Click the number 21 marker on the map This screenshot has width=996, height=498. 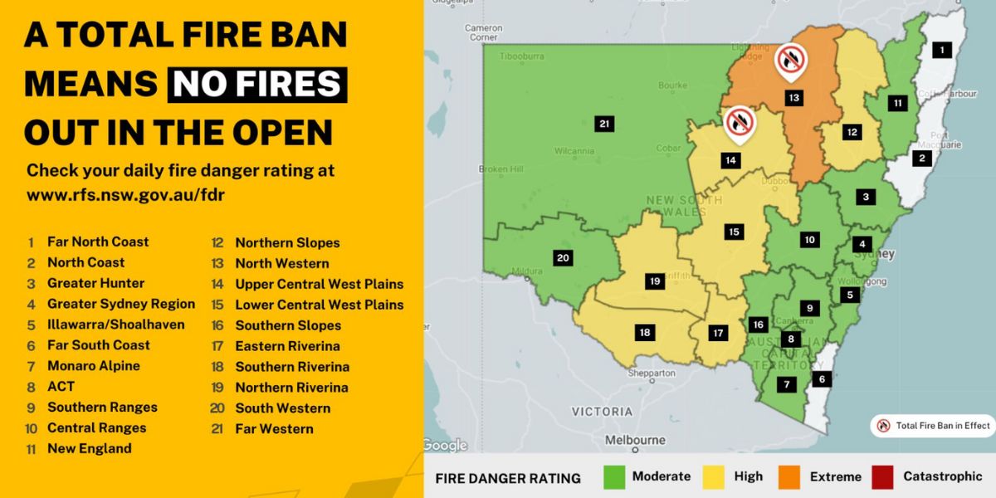pyautogui.click(x=604, y=124)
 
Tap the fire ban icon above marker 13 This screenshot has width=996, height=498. pyautogui.click(x=790, y=60)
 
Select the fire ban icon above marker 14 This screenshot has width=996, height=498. pyautogui.click(x=739, y=122)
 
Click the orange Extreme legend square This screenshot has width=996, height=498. pyautogui.click(x=789, y=476)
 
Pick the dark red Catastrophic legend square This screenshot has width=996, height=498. pyautogui.click(x=882, y=476)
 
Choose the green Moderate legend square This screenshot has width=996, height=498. pyautogui.click(x=614, y=476)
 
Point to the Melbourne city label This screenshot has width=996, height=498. pyautogui.click(x=635, y=440)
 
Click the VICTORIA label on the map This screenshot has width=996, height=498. pyautogui.click(x=602, y=411)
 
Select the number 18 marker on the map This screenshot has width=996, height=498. pyautogui.click(x=644, y=333)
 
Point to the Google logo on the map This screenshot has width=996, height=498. pyautogui.click(x=446, y=446)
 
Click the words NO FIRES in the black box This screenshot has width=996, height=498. pyautogui.click(x=257, y=84)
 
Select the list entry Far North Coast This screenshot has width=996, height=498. pyautogui.click(x=98, y=242)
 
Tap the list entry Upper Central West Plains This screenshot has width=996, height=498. pyautogui.click(x=319, y=284)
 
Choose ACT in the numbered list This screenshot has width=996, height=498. pyautogui.click(x=61, y=387)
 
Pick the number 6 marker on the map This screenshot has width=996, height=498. pyautogui.click(x=822, y=379)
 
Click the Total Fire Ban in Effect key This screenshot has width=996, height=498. pyautogui.click(x=933, y=426)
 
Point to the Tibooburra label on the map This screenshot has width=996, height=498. pyautogui.click(x=522, y=56)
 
